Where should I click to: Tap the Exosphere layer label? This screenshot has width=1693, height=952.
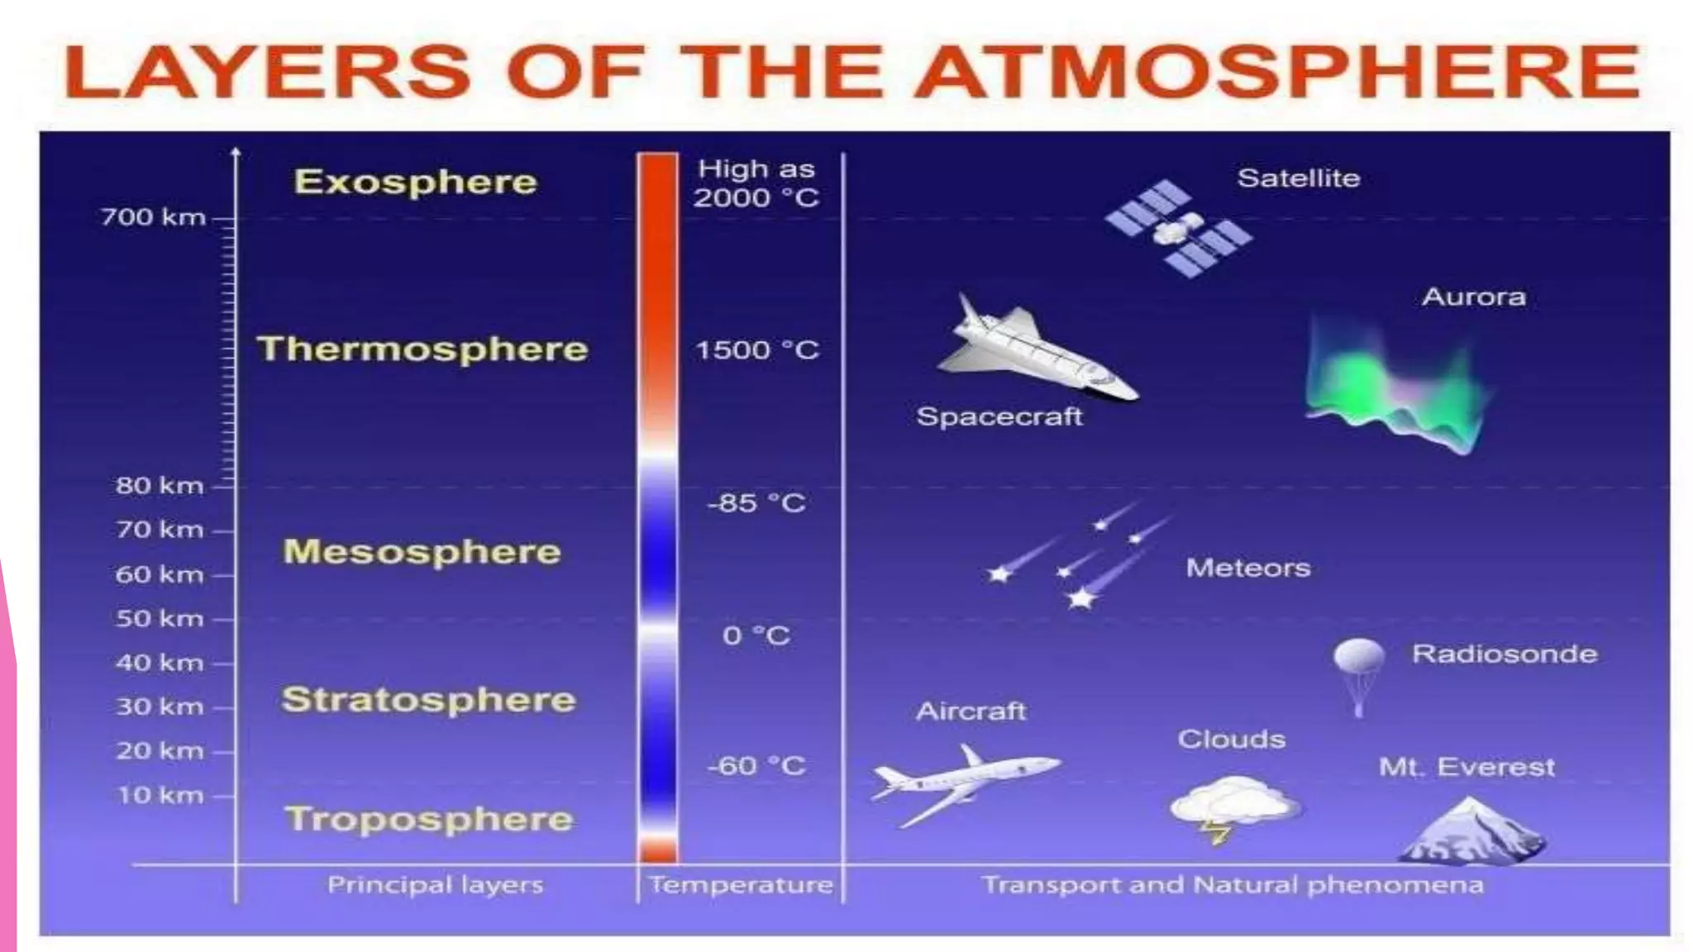[415, 182]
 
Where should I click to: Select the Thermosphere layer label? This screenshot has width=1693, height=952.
[422, 349]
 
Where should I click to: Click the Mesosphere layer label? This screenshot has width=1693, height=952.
[422, 551]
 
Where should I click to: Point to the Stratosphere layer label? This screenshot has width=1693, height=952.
[428, 699]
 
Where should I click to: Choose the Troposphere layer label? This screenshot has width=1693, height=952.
[428, 819]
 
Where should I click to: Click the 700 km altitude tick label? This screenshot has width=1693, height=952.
[153, 217]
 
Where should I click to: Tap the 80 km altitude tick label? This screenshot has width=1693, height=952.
[160, 485]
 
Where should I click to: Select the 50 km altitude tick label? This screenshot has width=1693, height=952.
[160, 618]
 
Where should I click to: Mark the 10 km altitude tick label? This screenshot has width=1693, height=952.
[160, 795]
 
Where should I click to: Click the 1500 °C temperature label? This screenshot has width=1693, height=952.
[756, 350]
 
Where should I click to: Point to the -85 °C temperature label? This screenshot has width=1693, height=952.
[756, 502]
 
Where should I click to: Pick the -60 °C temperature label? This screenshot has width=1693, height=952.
[756, 765]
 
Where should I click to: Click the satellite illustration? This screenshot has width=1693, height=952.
[1178, 228]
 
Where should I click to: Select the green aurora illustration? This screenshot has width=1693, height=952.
[1393, 384]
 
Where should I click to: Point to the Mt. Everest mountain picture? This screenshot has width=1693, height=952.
[1471, 833]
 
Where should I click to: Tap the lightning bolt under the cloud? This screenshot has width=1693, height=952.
[1216, 831]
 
